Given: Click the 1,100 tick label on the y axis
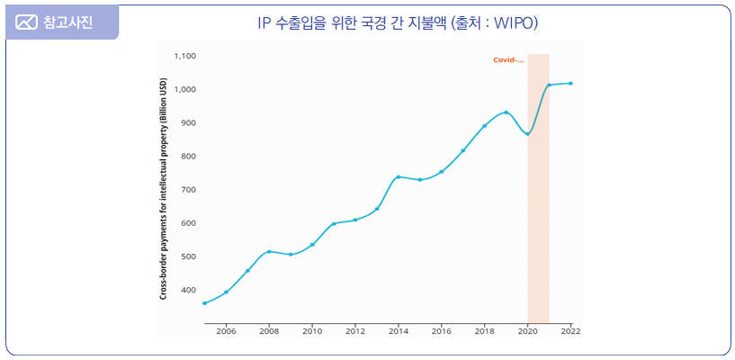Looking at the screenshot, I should tap(184, 56).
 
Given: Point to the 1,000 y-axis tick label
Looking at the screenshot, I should tap(184, 89).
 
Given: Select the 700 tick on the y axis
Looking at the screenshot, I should tap(188, 189).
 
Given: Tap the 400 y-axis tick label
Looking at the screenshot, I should tap(188, 290).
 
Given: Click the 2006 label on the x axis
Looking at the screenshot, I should tap(226, 331).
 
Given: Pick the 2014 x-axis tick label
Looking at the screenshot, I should tap(399, 331).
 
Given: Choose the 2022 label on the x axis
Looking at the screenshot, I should tap(570, 331).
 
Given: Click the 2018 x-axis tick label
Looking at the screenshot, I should tap(485, 331).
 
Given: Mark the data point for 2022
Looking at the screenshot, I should tap(570, 84).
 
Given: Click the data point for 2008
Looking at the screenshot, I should tap(269, 251).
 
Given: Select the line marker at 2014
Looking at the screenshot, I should tap(399, 176).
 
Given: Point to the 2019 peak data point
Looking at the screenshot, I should tap(506, 112).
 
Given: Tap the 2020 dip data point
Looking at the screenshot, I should tap(528, 133).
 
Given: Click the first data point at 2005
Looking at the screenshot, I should tap(204, 303).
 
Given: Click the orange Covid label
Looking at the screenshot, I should tap(508, 60).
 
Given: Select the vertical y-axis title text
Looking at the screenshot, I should tap(164, 188).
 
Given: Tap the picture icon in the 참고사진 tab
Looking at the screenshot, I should tap(27, 22).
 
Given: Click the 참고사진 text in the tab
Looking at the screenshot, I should tap(67, 22).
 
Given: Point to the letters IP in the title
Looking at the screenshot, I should tap(264, 22).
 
